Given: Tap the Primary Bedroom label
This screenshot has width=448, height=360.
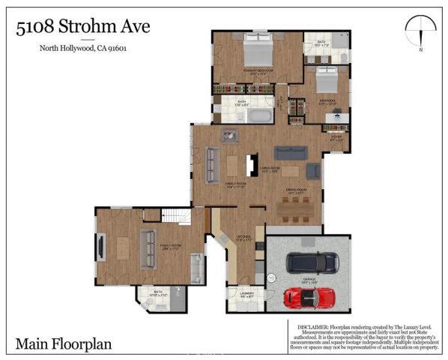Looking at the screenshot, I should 257,73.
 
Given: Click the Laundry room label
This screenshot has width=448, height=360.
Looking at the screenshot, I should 246,295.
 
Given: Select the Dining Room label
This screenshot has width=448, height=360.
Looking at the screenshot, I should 297,190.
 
